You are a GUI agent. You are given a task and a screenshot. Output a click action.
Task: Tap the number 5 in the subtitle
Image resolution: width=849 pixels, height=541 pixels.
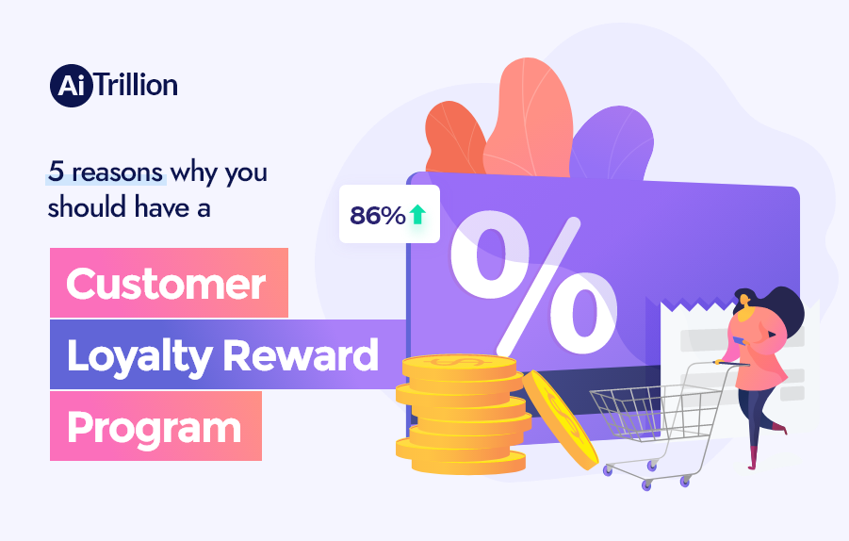click(55, 172)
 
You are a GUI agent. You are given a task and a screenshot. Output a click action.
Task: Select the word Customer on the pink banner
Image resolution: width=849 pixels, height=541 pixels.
click(166, 283)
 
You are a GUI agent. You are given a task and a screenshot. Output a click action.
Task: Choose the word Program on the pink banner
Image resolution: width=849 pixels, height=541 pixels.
click(154, 427)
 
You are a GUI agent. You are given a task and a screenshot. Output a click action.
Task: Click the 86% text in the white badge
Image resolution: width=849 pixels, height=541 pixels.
click(377, 216)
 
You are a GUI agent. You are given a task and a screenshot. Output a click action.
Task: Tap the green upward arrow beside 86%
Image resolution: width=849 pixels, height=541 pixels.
click(417, 215)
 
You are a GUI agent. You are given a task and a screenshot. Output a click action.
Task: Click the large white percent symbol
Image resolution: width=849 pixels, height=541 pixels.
click(533, 277)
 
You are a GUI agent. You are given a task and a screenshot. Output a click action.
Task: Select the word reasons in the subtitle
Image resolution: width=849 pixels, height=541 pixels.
click(118, 172)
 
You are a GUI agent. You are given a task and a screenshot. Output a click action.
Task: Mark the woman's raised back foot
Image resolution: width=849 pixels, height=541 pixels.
click(780, 429)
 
